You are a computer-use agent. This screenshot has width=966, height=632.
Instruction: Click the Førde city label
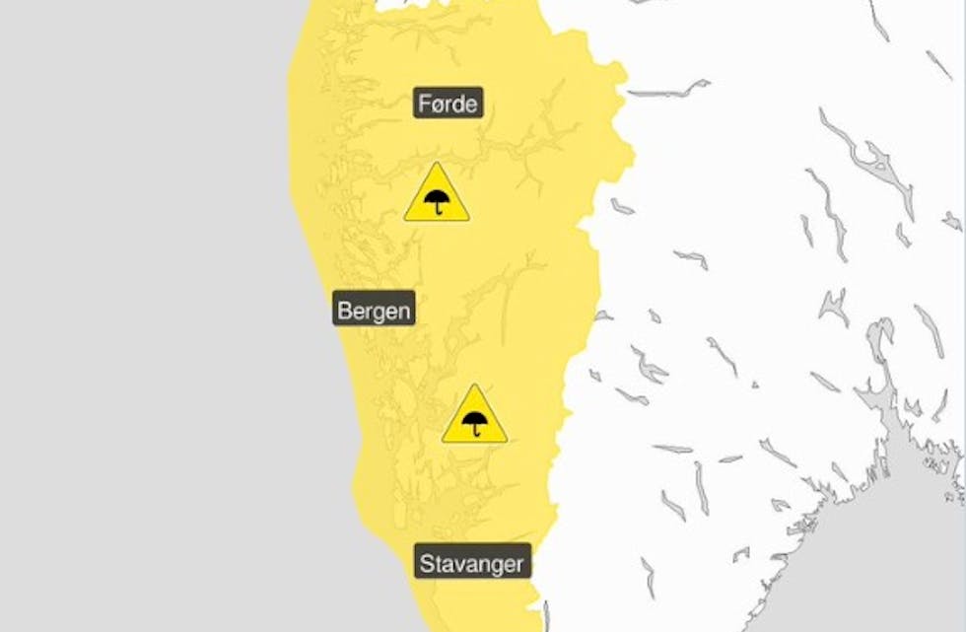coord(448,103)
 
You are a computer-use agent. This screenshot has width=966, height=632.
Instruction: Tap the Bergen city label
coord(375,311)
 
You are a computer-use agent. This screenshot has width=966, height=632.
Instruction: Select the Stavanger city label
coord(472,564)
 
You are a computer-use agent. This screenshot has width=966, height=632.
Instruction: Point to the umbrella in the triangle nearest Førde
coord(437,202)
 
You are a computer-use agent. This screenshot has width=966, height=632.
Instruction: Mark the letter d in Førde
coord(459,103)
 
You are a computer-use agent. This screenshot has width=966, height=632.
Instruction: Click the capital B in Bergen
coord(344,311)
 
